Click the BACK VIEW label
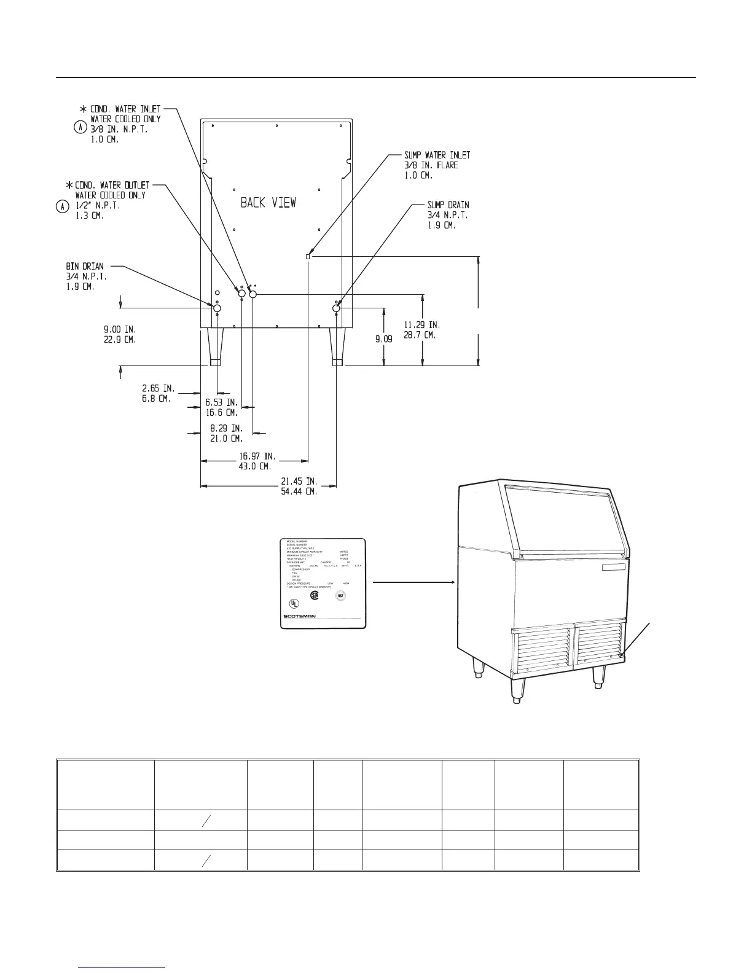click(268, 202)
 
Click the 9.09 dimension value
click(384, 338)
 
